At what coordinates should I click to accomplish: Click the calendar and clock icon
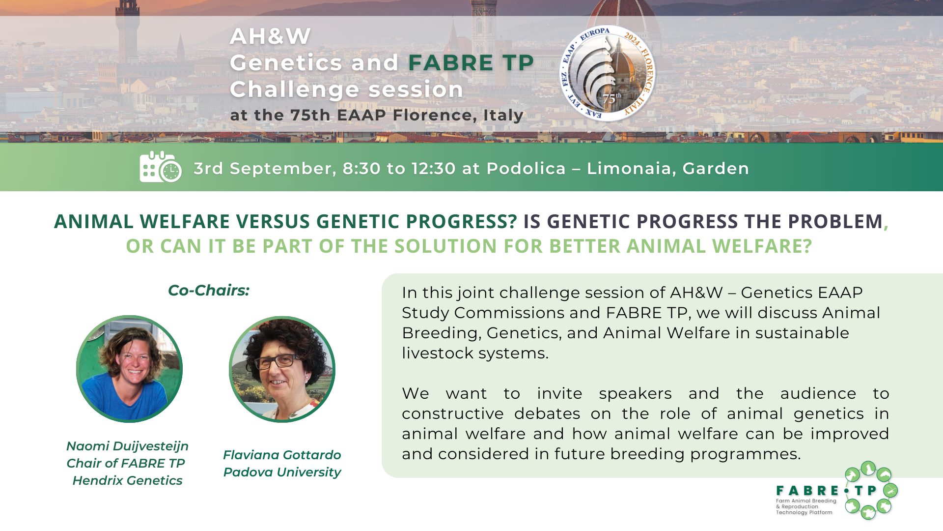click(160, 167)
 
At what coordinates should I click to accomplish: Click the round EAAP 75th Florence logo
click(608, 73)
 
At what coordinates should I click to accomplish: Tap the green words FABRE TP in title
click(471, 63)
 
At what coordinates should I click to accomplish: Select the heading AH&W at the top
click(270, 36)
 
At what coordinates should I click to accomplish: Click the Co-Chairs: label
click(209, 290)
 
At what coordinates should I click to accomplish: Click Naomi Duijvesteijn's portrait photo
click(130, 369)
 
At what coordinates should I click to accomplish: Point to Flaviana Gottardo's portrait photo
click(282, 369)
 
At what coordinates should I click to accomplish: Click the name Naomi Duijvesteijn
click(127, 446)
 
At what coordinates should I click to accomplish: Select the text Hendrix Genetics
click(127, 480)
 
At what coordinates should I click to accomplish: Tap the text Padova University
click(282, 472)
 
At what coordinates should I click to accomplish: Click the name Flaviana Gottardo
click(282, 455)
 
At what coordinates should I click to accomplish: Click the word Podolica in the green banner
click(526, 169)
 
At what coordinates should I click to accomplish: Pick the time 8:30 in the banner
click(361, 169)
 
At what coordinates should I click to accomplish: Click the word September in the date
click(283, 169)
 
